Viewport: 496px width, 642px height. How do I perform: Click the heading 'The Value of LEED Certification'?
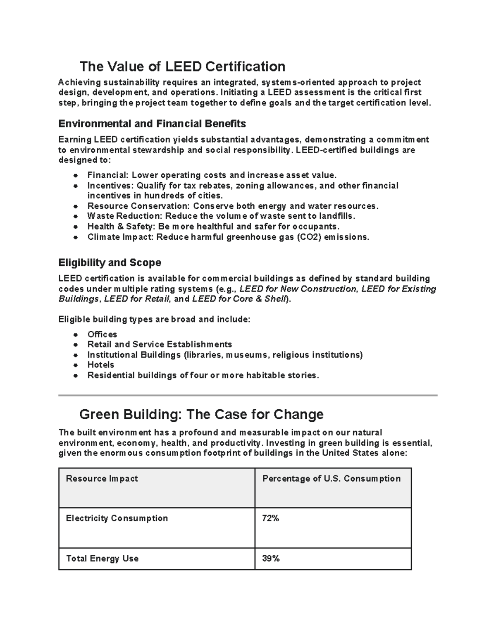pos(182,67)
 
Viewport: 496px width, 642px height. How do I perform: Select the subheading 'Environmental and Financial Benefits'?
pos(152,124)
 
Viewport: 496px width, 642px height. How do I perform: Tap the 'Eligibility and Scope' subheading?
pos(110,263)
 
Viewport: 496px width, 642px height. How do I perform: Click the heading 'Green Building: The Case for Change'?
pos(201,414)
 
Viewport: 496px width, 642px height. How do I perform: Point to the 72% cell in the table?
pos(271,518)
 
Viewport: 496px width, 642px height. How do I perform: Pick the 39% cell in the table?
pos(271,558)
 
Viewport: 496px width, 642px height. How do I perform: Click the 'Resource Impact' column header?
pos(102,479)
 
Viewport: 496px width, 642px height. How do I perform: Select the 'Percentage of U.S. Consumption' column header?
pos(331,479)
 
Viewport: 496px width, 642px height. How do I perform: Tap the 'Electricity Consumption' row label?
pos(117,518)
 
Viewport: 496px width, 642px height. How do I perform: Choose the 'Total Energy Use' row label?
pos(102,558)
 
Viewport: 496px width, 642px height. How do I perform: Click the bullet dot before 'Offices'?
pos(75,335)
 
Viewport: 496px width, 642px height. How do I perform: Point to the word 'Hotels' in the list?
pos(100,365)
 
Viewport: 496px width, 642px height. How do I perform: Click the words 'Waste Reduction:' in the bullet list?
pos(125,216)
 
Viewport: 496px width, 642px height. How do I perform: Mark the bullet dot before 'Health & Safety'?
pos(75,227)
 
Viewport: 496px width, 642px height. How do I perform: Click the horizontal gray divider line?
pos(248,396)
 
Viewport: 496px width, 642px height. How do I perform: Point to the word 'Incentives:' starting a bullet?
pos(110,186)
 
